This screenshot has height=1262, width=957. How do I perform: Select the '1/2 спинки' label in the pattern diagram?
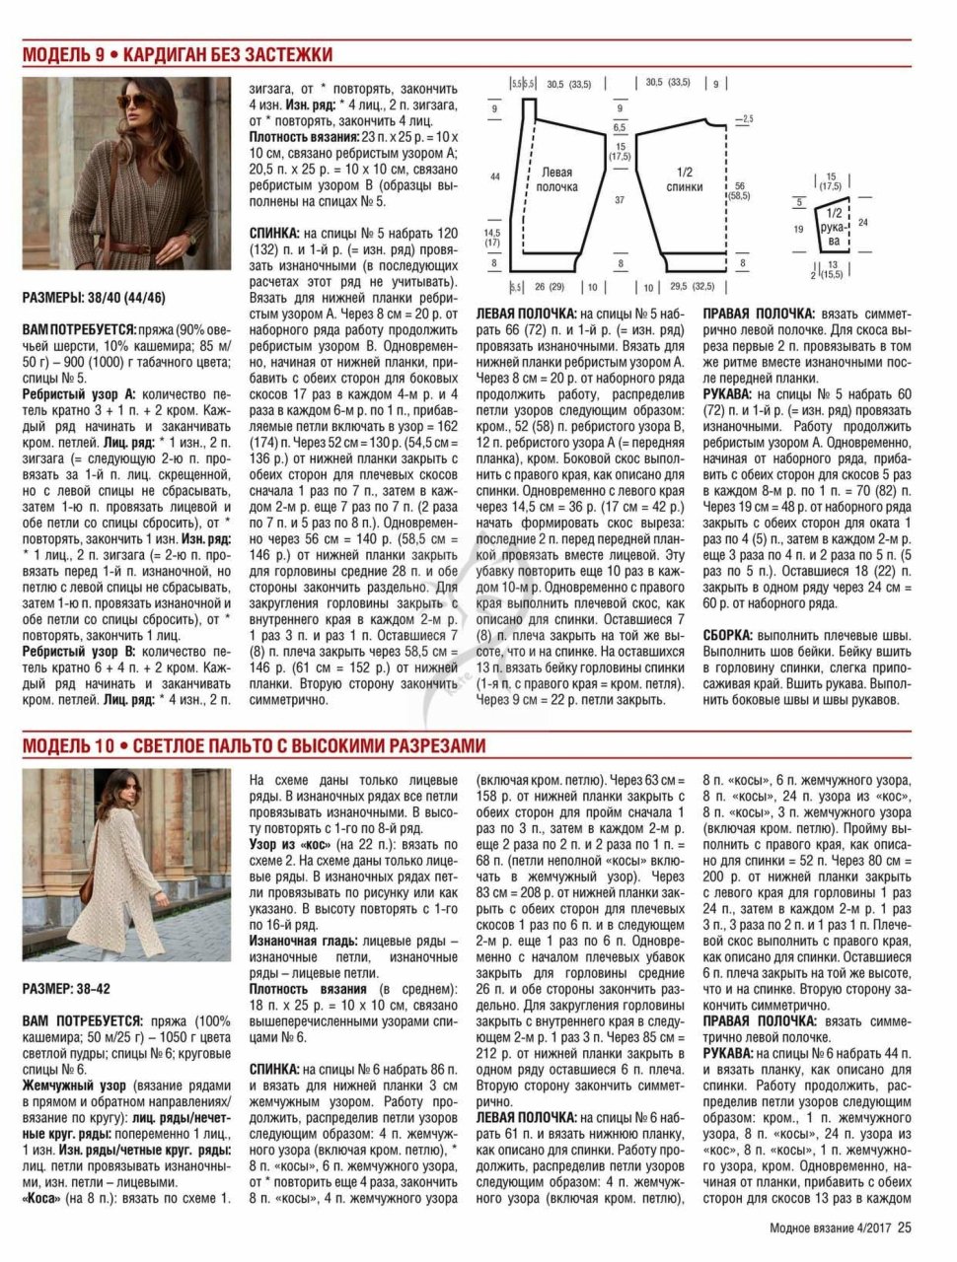pyautogui.click(x=684, y=178)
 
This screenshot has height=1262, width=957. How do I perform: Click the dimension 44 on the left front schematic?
pyautogui.click(x=494, y=176)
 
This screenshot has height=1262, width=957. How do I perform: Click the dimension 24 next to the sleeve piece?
pyautogui.click(x=863, y=223)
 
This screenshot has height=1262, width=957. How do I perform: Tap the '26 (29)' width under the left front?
pyautogui.click(x=549, y=288)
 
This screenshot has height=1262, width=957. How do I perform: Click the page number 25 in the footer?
pyautogui.click(x=905, y=1227)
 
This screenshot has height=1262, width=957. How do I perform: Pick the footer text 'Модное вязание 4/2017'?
pyautogui.click(x=831, y=1227)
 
